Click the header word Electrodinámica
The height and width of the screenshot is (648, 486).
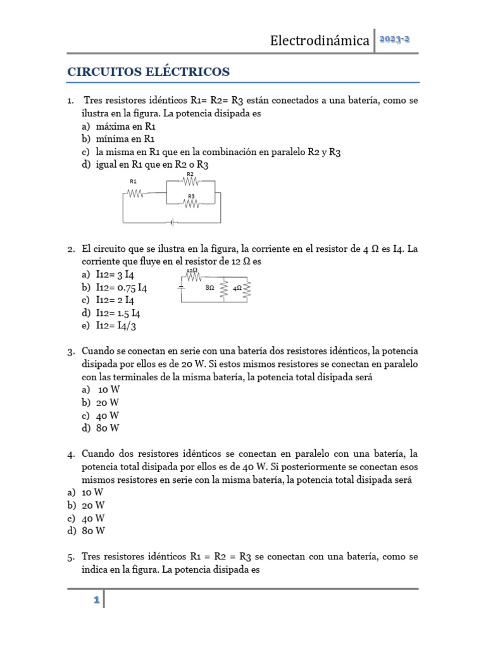click(x=320, y=40)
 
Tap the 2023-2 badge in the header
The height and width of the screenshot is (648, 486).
click(x=395, y=39)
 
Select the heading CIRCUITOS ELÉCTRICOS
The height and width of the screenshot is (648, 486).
click(x=149, y=72)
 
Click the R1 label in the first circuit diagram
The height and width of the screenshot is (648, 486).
click(x=133, y=181)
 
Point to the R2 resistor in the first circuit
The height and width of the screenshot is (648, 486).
click(x=190, y=182)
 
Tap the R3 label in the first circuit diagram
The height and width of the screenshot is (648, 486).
click(x=190, y=197)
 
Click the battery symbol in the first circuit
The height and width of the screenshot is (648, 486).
click(x=171, y=223)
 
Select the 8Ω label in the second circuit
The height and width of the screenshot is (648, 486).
click(x=210, y=287)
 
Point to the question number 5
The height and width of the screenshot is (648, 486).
click(x=71, y=557)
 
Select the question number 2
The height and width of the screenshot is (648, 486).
click(x=71, y=249)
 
